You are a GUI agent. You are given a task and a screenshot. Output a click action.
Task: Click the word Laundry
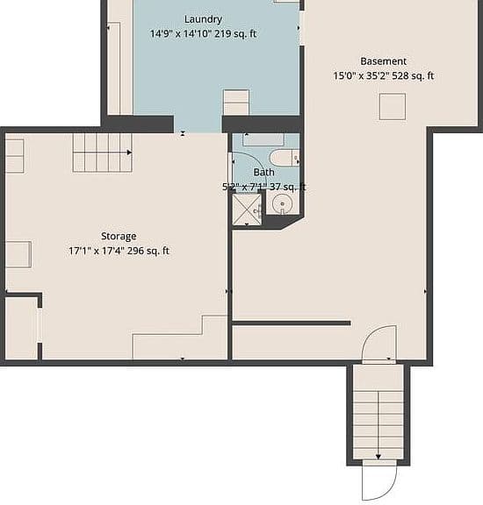[203, 19]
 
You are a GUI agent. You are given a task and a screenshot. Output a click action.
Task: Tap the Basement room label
[383, 61]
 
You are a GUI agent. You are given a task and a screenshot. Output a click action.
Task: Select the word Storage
[119, 237]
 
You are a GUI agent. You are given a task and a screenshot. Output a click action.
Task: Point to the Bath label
[264, 173]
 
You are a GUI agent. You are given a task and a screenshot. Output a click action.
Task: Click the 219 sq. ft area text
[235, 33]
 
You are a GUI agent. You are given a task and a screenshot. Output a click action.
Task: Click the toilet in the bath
[285, 158]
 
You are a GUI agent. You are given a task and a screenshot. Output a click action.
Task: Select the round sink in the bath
[282, 204]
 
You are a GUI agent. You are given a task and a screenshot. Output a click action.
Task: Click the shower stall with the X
[247, 210]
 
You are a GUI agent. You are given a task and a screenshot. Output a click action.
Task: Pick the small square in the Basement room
[393, 107]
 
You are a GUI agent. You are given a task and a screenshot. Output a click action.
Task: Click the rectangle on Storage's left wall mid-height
[18, 254]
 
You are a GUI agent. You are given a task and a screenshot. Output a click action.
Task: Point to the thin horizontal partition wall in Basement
[292, 323]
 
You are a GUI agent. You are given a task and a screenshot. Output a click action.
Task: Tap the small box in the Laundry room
[236, 102]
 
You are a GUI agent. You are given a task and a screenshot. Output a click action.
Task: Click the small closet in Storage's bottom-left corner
[21, 328]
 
